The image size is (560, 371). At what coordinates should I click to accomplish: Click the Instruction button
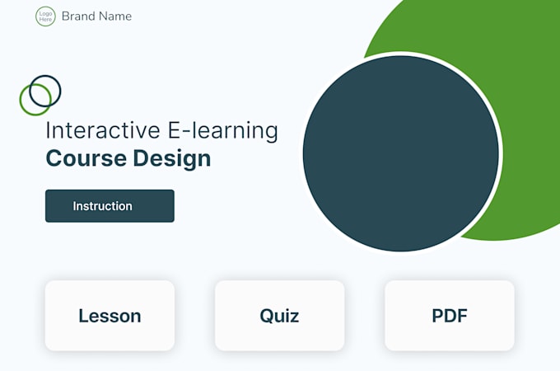point(110,206)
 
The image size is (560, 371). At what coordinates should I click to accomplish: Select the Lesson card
point(110,316)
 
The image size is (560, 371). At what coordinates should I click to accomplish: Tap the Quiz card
point(279,316)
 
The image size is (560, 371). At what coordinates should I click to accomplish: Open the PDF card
point(450,316)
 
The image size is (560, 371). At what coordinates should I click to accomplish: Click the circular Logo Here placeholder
point(45,16)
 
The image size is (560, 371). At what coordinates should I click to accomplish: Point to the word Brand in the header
point(78,16)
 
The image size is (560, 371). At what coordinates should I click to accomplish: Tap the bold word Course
point(86,157)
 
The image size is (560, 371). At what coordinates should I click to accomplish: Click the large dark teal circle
point(401,153)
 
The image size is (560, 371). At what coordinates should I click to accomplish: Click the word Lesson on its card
point(110,316)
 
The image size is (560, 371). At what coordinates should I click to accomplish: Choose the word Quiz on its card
point(279,316)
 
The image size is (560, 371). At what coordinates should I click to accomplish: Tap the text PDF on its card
point(450,316)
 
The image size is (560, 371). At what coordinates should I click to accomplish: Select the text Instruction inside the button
point(102,206)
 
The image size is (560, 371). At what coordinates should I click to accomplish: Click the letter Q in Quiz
point(266,316)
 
